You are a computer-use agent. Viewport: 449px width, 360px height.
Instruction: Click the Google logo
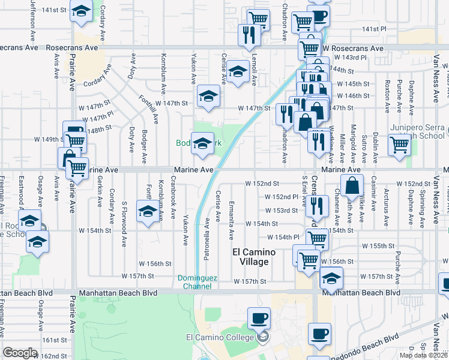coord(20,353)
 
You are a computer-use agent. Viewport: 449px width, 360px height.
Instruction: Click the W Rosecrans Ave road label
coord(352,48)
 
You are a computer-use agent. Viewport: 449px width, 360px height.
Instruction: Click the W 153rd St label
coord(282,210)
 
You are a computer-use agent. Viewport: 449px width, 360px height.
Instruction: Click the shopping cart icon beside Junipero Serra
coord(399,145)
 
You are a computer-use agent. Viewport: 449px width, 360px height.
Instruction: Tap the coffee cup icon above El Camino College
coord(259,318)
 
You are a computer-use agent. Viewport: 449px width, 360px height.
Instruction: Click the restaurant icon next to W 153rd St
coord(318,205)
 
